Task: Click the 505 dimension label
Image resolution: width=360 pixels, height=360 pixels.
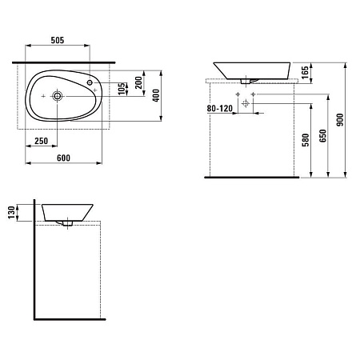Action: [x=58, y=40]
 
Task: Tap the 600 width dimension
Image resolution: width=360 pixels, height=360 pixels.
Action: [x=63, y=158]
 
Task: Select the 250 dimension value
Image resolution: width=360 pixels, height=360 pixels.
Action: [x=42, y=141]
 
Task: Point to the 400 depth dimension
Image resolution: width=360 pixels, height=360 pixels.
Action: [x=156, y=95]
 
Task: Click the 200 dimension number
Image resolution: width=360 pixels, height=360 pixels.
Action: [x=138, y=83]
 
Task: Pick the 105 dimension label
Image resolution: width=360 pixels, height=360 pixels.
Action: [x=122, y=89]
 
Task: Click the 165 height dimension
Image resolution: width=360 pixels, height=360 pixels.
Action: [x=305, y=73]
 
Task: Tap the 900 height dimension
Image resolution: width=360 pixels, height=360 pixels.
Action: [x=340, y=120]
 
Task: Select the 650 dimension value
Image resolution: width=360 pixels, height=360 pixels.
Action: [x=322, y=136]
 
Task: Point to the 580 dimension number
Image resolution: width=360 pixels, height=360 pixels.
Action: [x=306, y=140]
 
